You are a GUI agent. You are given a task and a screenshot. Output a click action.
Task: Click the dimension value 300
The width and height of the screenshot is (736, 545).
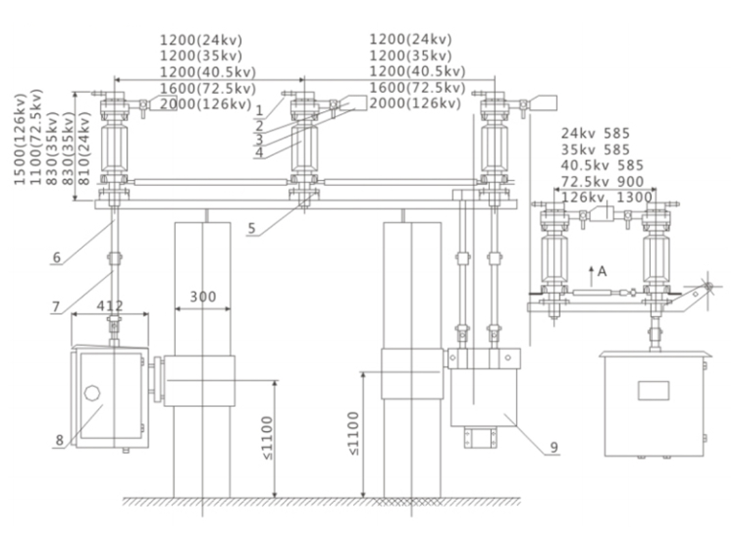(202, 297)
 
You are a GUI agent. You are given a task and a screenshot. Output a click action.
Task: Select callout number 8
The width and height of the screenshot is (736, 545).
(60, 441)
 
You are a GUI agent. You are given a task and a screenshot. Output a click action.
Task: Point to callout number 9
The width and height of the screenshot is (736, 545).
(554, 447)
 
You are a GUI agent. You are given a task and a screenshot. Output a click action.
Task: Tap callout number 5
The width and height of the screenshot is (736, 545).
(252, 228)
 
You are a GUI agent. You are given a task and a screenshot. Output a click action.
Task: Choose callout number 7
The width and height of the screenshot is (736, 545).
(57, 306)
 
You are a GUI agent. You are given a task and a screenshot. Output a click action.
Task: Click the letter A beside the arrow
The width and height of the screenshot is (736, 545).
(602, 271)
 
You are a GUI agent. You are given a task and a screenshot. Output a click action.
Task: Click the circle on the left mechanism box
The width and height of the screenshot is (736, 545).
(91, 394)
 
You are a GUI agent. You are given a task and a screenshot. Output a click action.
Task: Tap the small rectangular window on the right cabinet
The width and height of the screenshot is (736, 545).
(653, 390)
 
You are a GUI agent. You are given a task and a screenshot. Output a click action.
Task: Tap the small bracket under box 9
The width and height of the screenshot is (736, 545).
(480, 438)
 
